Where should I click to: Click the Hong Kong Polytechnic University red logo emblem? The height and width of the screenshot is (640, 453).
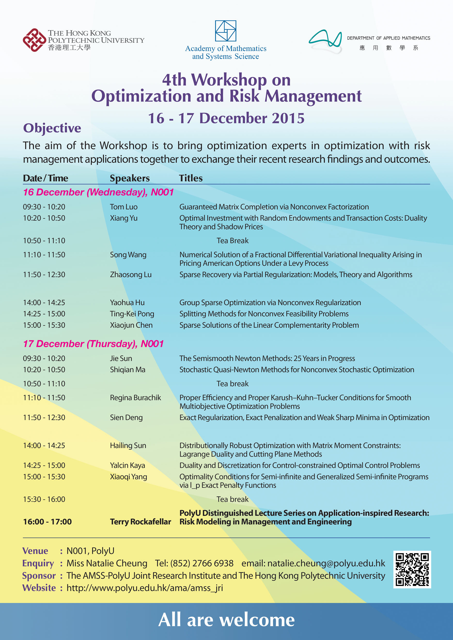click(34, 40)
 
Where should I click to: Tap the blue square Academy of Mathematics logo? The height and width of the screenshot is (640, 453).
click(225, 31)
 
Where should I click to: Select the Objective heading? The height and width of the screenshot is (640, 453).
click(52, 128)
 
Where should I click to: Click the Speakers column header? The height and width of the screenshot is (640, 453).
click(129, 178)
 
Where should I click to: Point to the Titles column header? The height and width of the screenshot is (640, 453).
click(191, 178)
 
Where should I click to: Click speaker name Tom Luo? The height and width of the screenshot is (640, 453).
click(123, 207)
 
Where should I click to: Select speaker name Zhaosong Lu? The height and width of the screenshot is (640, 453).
click(130, 275)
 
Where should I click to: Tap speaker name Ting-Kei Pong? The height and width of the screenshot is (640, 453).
click(132, 314)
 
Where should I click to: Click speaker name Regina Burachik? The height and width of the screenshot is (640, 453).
click(135, 398)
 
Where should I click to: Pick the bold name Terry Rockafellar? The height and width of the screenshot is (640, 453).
click(140, 522)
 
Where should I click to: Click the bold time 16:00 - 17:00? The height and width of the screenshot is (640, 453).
click(48, 522)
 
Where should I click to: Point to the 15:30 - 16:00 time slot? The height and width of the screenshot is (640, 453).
click(44, 499)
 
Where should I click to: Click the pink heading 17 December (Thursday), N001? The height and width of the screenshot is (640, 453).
click(93, 344)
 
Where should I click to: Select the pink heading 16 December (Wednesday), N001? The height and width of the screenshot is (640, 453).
click(98, 192)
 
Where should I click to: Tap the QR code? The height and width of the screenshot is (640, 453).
click(412, 570)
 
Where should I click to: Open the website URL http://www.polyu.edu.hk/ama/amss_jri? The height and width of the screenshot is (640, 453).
click(144, 588)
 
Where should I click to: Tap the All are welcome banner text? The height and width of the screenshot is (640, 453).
click(226, 620)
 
